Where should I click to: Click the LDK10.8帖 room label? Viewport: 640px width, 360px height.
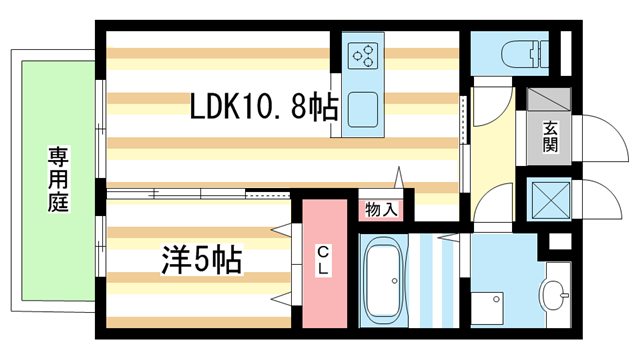264,106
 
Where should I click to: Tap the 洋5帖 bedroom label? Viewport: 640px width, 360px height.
200,261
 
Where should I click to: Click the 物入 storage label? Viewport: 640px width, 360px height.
380,210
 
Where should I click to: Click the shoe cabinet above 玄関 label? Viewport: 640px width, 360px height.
549,101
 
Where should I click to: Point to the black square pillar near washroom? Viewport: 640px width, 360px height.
559,242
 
